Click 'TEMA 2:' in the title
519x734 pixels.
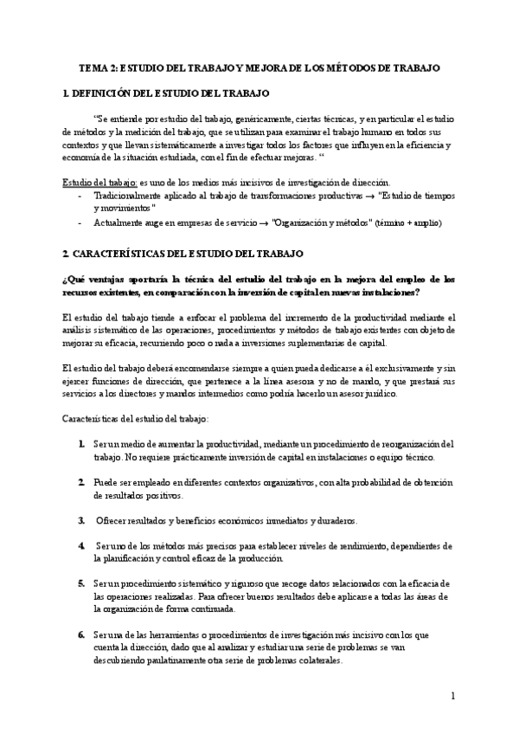97,66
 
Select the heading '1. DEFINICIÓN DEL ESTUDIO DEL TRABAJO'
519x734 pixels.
166,92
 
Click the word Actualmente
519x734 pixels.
120,222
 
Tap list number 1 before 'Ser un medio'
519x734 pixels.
80,444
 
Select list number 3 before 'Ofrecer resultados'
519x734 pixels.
80,521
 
